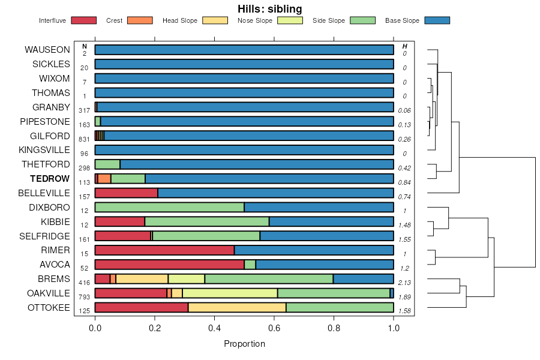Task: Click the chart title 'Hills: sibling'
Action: pos(269,9)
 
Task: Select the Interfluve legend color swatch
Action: pos(83,20)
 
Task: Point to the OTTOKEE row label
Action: pos(49,308)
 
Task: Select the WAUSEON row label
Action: pos(47,49)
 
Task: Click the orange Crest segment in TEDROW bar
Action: pos(104,178)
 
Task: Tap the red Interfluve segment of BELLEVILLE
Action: pos(126,193)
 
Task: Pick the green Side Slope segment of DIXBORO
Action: pos(169,207)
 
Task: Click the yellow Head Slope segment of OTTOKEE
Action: pos(237,308)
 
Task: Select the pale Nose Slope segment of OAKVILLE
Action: pos(230,293)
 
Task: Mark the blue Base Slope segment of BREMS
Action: pos(363,279)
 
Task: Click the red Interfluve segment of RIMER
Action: pos(164,250)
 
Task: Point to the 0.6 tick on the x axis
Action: pos(274,328)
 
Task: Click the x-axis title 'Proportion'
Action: pos(244,344)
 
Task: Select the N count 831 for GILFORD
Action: pos(84,139)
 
